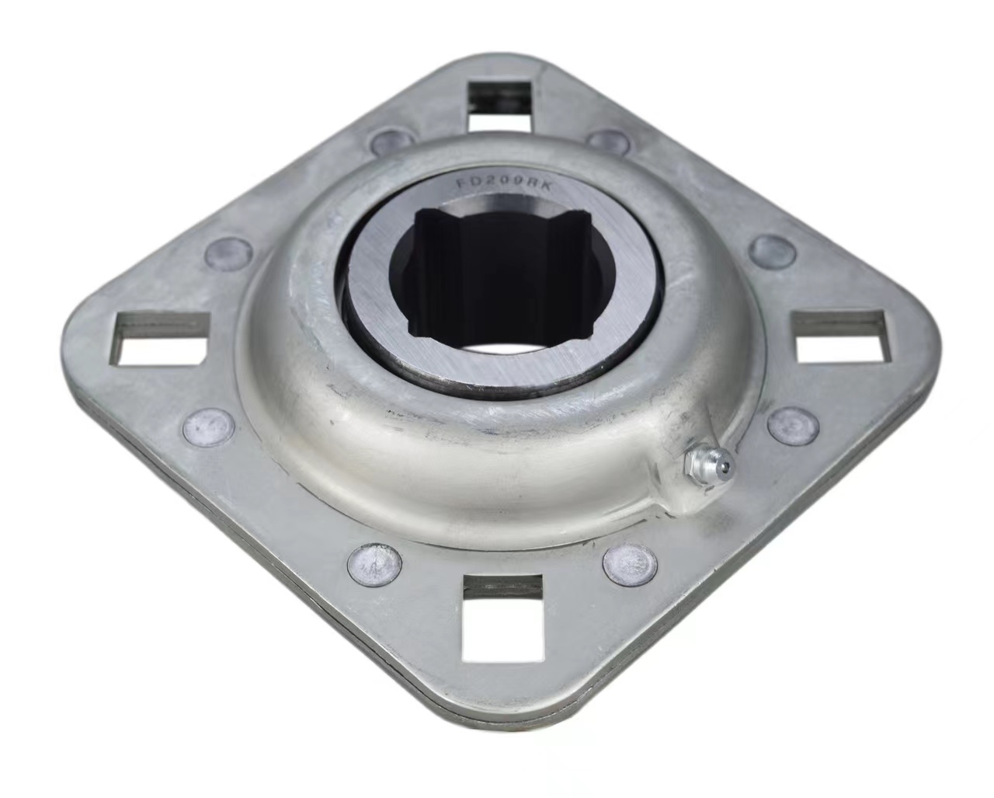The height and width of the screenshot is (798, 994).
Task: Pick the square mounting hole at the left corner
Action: click(162, 337)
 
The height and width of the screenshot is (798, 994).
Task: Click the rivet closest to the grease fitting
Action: click(793, 425)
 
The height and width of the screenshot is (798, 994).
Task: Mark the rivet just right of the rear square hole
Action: click(630, 141)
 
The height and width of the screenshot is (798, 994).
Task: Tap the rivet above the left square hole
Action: click(229, 252)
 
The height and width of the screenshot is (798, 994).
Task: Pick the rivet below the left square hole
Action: click(208, 425)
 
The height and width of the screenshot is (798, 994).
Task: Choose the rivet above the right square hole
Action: click(774, 250)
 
